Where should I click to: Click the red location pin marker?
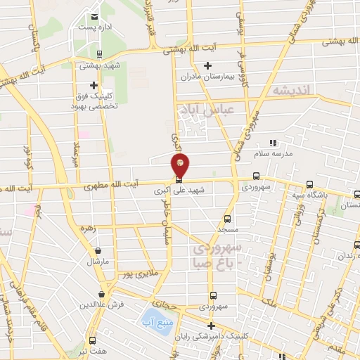click(x=181, y=166)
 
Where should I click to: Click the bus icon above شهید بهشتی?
click(x=99, y=53)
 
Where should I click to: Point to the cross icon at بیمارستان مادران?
click(x=207, y=66)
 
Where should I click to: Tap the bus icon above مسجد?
click(x=227, y=219)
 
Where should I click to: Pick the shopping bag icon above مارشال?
click(x=97, y=250)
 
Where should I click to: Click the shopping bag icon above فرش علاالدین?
click(x=103, y=294)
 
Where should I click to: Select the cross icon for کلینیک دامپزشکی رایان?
click(x=211, y=325)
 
